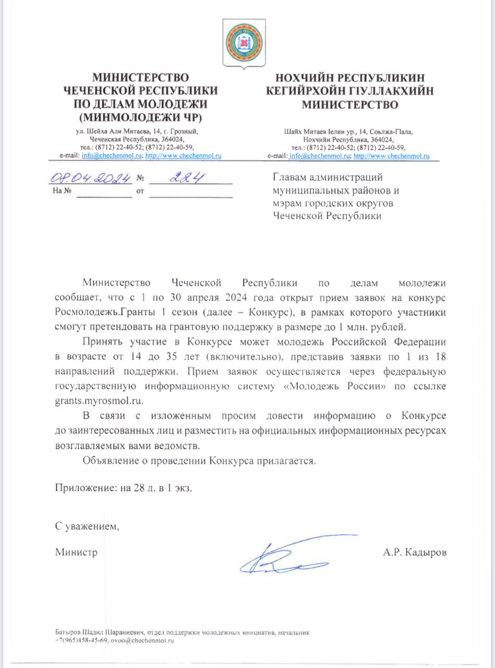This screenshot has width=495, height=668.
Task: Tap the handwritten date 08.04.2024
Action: [x=90, y=179]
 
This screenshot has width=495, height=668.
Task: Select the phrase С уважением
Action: [x=88, y=526]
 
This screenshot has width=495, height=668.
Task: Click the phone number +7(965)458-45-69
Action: [x=81, y=641]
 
